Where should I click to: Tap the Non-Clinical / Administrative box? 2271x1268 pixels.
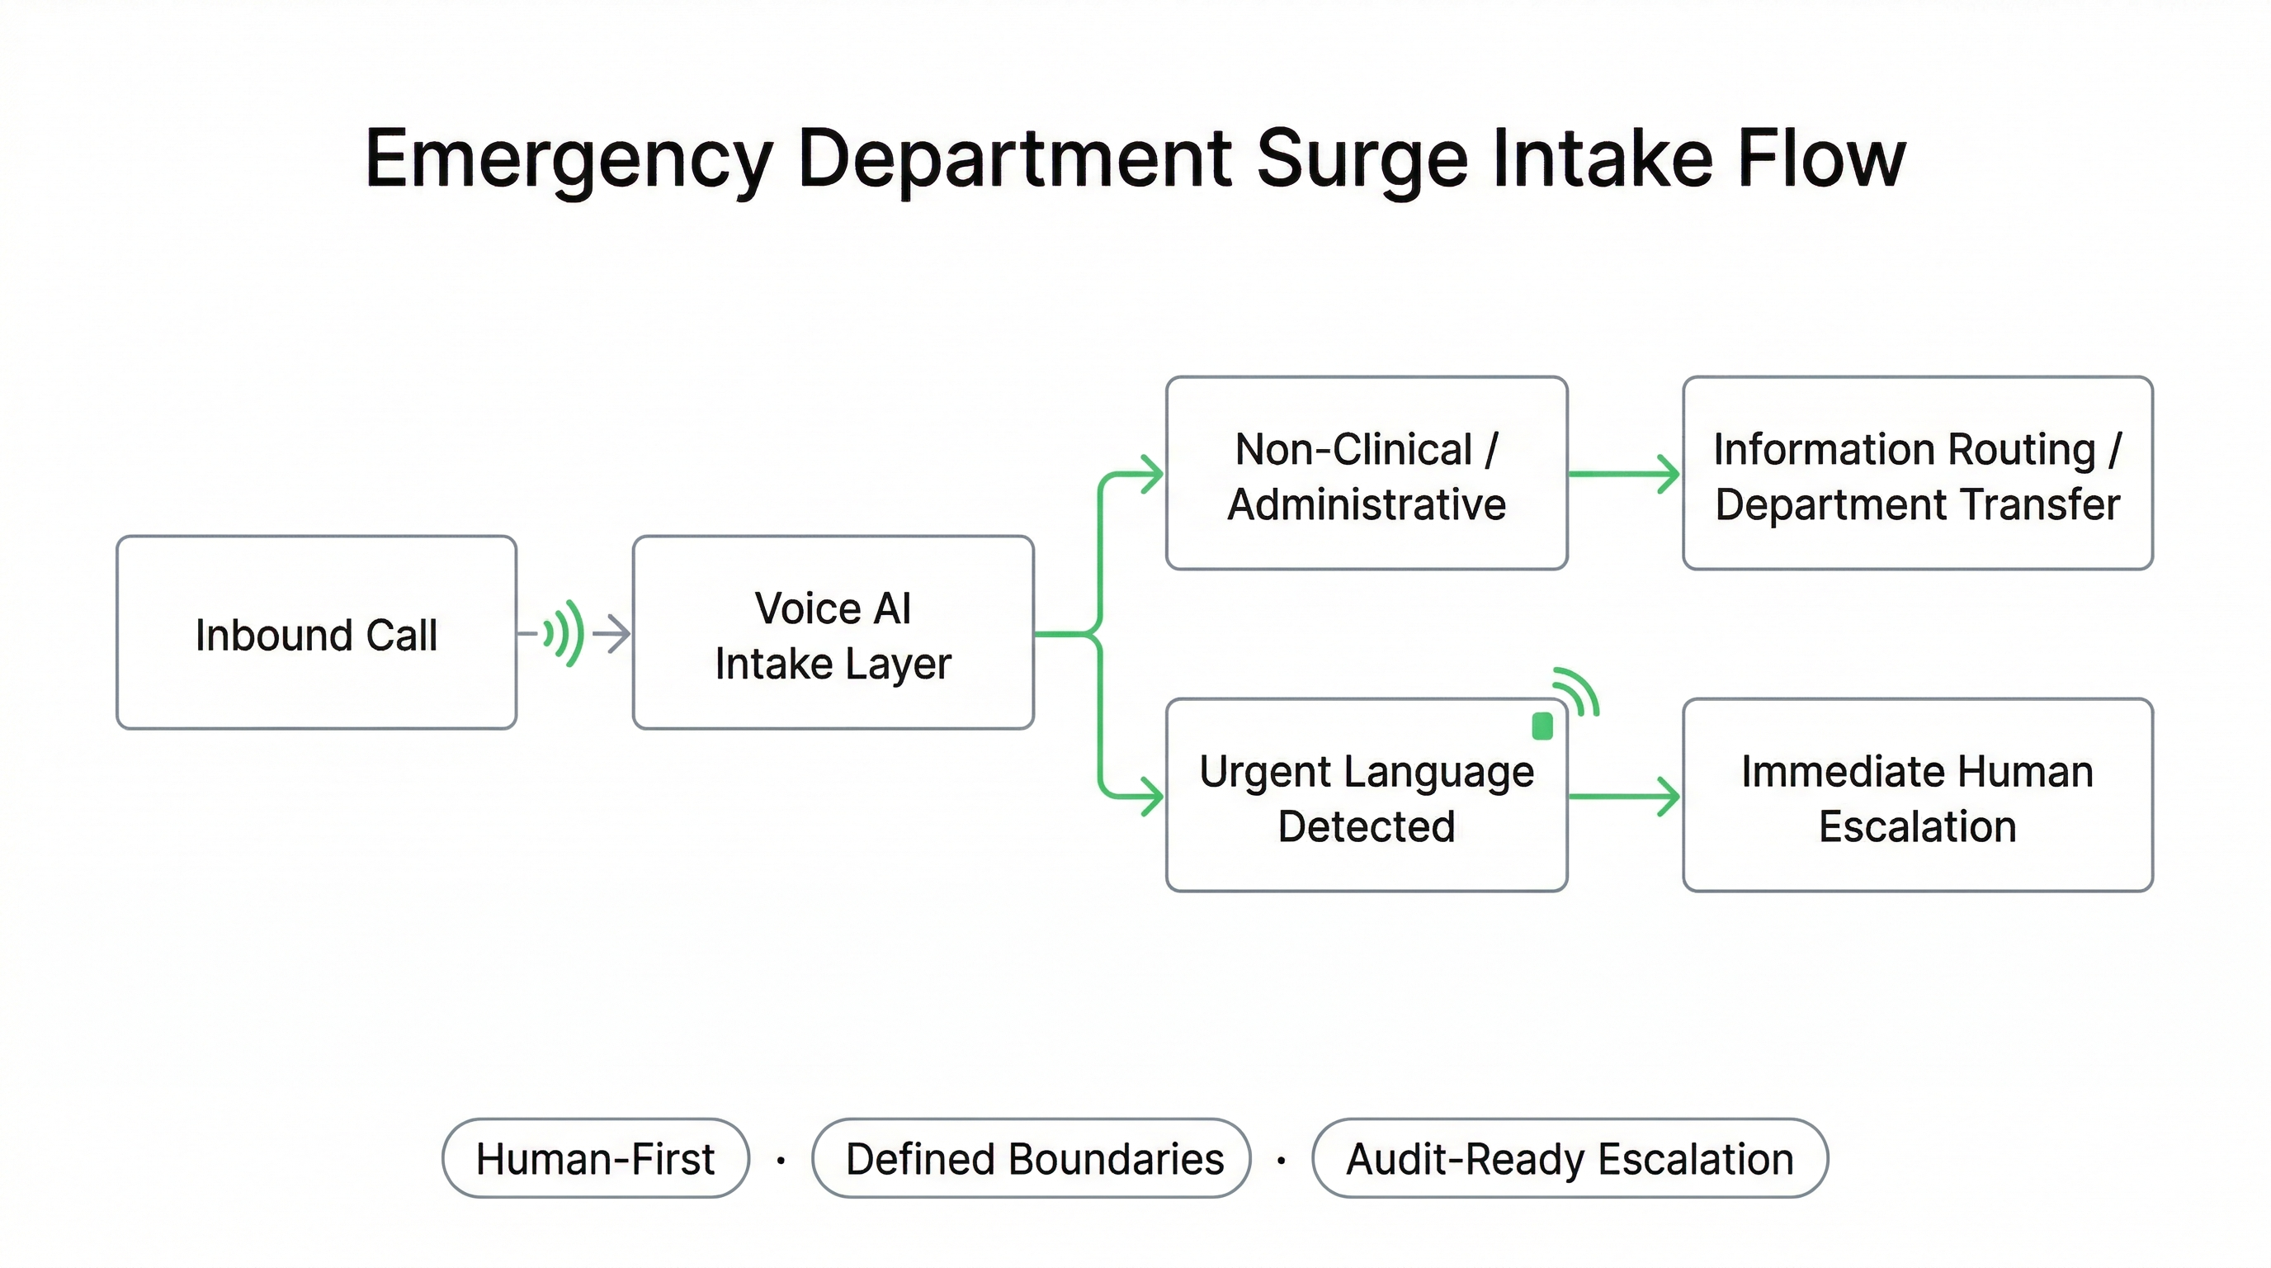point(1366,474)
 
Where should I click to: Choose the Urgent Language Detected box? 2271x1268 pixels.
point(1366,795)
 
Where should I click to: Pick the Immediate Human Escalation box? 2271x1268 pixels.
point(1917,795)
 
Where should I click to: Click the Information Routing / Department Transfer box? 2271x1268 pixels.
point(1917,474)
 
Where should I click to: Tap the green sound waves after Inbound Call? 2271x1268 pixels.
point(564,632)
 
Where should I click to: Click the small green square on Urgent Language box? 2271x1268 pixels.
point(1542,726)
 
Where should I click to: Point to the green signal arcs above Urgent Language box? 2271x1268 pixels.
point(1577,691)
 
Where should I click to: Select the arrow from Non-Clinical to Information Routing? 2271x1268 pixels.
point(1624,474)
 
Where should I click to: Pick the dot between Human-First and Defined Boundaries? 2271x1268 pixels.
point(780,1161)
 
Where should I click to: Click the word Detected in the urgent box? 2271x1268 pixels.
point(1366,826)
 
